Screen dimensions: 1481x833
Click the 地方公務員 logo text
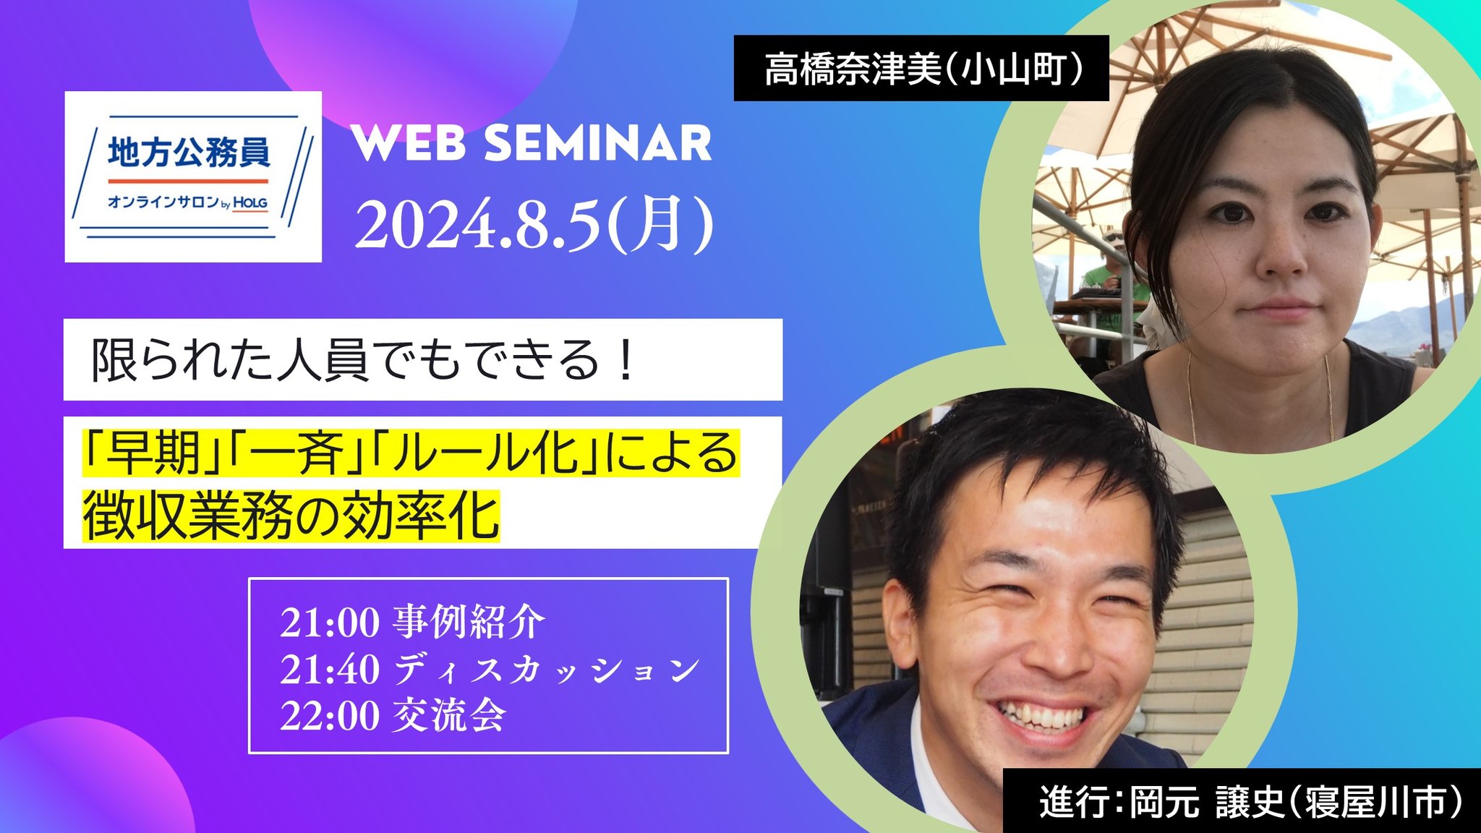[x=189, y=153]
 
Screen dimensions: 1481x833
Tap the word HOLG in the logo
[x=249, y=203]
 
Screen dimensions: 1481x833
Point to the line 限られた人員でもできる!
[x=363, y=359]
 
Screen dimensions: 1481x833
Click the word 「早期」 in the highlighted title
[x=153, y=453]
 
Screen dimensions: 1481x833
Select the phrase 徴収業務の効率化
[x=291, y=516]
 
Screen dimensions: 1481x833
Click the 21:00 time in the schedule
[x=330, y=623]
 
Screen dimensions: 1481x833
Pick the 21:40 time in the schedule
[x=330, y=670]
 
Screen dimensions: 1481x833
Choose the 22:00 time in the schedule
[x=330, y=716]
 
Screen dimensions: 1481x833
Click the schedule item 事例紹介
[x=469, y=622]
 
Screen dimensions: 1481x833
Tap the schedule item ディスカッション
[x=547, y=670]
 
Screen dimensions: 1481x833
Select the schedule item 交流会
[x=449, y=716]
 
